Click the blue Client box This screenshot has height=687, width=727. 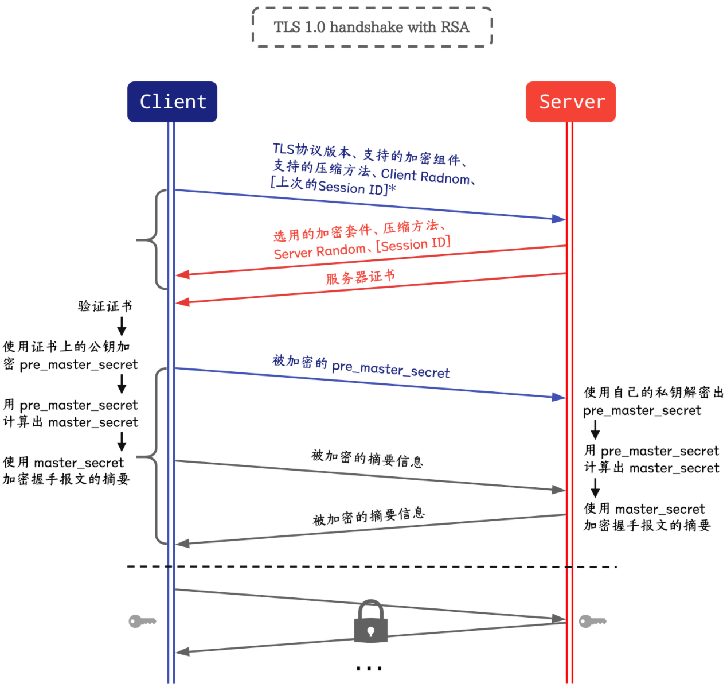(172, 102)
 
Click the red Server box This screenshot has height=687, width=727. (570, 102)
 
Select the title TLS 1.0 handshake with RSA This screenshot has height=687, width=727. (372, 27)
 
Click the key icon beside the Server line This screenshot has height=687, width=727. (592, 621)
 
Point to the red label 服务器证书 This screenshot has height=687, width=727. (361, 277)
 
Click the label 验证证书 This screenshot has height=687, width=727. (105, 306)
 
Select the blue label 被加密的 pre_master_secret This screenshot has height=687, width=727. (361, 367)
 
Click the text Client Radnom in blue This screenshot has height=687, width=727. (425, 176)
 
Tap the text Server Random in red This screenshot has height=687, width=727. (319, 251)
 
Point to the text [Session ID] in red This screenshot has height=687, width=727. (413, 244)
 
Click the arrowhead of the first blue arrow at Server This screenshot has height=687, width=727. (558, 219)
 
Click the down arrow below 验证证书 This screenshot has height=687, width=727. (122, 327)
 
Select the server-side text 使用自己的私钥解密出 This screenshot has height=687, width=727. (654, 393)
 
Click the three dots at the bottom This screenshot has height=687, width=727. (369, 668)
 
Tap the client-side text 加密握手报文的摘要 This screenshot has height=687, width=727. (67, 479)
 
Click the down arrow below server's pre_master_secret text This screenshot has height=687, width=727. (595, 430)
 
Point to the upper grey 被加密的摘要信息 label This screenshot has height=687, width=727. (367, 459)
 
